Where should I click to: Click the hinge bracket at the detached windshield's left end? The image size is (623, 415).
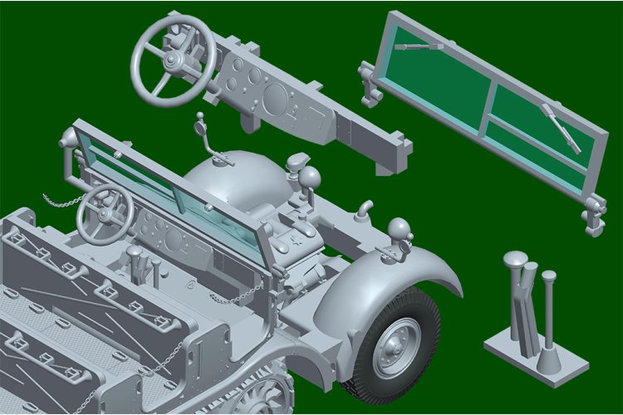[369, 83]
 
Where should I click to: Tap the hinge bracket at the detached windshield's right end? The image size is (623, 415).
[593, 215]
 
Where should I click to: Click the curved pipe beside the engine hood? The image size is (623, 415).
[364, 210]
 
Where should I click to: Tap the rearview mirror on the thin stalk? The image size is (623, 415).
[201, 128]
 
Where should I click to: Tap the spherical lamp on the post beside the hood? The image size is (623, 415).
[309, 176]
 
